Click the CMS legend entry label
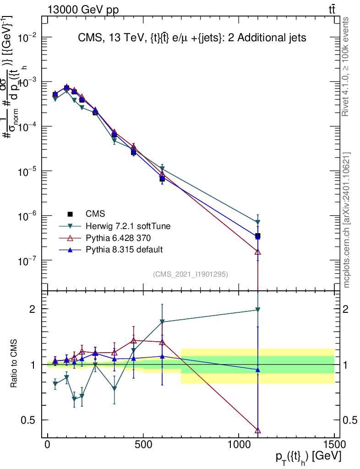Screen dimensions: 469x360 pos(95,214)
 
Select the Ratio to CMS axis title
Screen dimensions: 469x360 pos(15,364)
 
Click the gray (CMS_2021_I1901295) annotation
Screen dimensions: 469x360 pos(191,274)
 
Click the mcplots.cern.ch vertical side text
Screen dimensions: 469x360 pos(346,220)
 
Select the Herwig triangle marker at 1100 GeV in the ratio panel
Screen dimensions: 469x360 pos(258,310)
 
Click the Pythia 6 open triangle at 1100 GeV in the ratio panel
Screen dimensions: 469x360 pos(258,431)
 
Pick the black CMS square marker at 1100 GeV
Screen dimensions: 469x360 pos(258,236)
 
